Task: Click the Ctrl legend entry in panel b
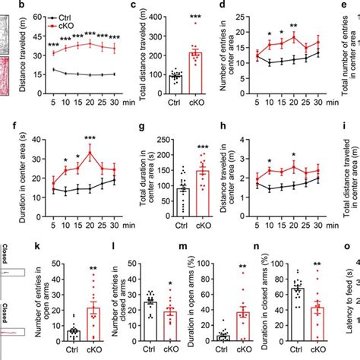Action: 65,16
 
